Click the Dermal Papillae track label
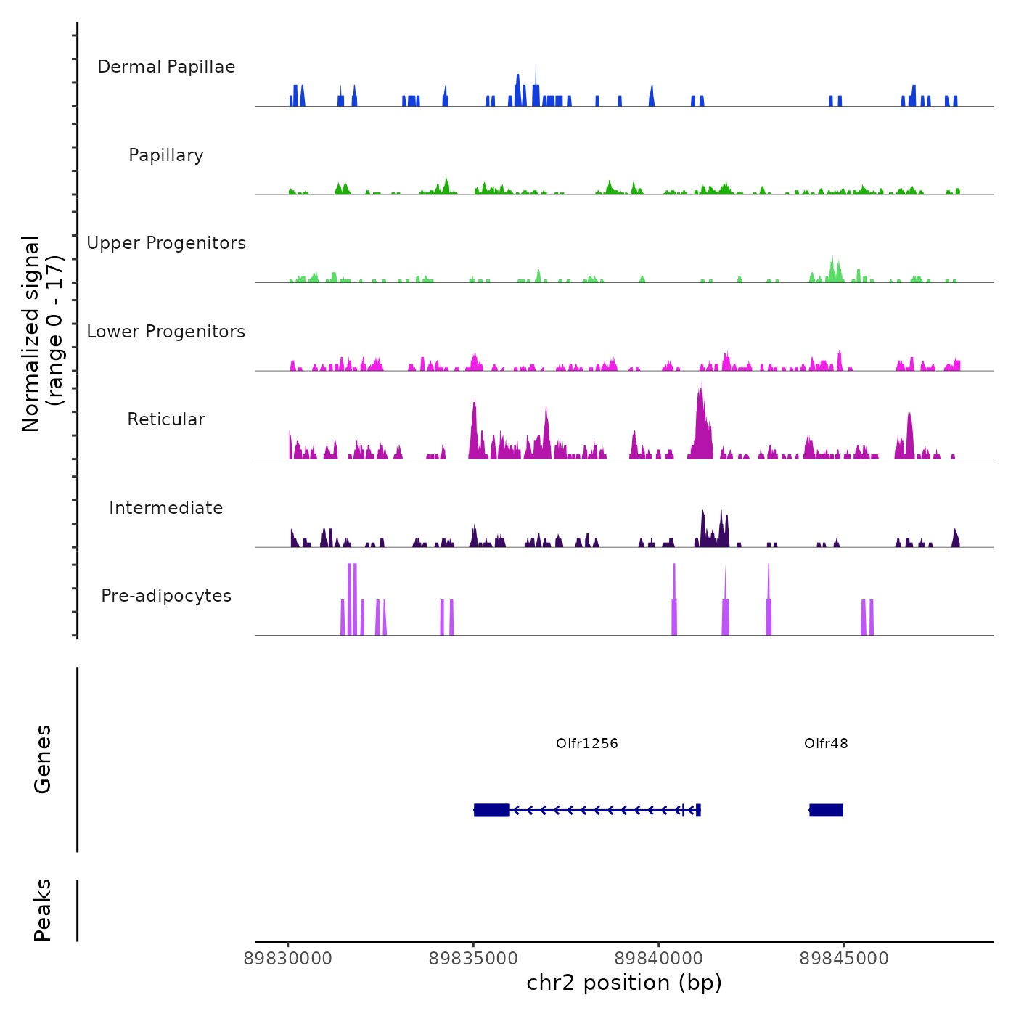click(x=166, y=67)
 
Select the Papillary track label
click(x=166, y=155)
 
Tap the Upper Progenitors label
click(x=166, y=243)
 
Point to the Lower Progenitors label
click(x=166, y=332)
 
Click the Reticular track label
click(x=166, y=419)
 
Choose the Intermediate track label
click(x=166, y=508)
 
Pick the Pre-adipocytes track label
click(x=166, y=596)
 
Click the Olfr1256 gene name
click(x=587, y=743)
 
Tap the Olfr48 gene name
click(x=826, y=743)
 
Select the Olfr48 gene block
click(x=826, y=810)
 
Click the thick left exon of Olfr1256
click(x=492, y=810)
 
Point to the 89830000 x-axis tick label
click(x=288, y=959)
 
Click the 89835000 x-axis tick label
click(x=474, y=959)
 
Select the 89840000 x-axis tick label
click(x=659, y=959)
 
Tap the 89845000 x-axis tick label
click(x=844, y=959)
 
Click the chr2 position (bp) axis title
click(x=624, y=983)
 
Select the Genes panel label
click(x=43, y=759)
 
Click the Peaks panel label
click(x=43, y=910)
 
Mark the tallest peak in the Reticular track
click(x=702, y=385)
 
